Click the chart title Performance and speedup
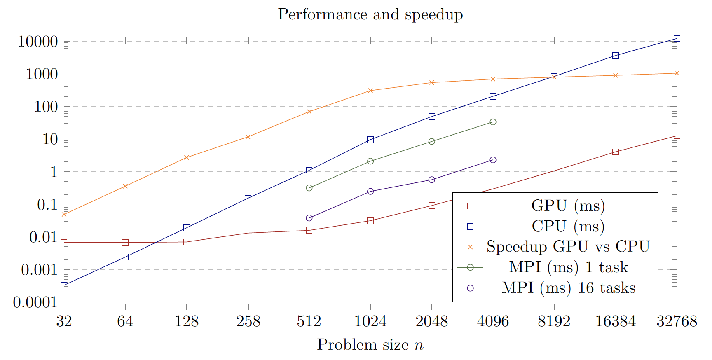370,14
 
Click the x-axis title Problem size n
370,345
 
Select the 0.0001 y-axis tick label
35,302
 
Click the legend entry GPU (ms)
568,206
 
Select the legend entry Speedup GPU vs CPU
568,246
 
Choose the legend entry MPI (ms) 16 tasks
568,288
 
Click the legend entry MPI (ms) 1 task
568,267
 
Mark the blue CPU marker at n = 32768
677,38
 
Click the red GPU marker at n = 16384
616,152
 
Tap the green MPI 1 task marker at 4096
493,122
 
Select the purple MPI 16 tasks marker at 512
309,218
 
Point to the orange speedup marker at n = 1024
370,91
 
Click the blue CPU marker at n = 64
125,257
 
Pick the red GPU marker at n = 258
248,233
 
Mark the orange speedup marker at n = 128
187,157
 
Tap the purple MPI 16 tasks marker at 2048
432,180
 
